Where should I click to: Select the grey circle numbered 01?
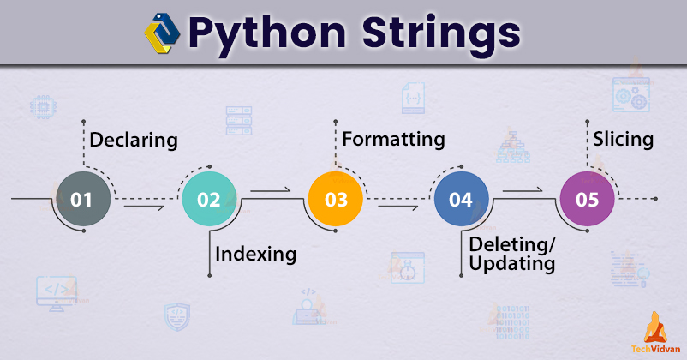tap(82, 200)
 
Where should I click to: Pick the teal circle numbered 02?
tap(209, 200)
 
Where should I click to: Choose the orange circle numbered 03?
tap(335, 200)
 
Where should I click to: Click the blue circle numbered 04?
tap(461, 200)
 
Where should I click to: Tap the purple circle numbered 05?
tap(587, 200)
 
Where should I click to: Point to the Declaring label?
tap(134, 140)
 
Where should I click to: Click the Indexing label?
tap(256, 254)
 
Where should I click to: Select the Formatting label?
tap(393, 139)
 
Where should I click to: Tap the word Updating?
tap(512, 264)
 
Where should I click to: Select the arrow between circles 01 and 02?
tap(143, 206)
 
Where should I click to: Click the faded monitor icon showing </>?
tap(56, 291)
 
